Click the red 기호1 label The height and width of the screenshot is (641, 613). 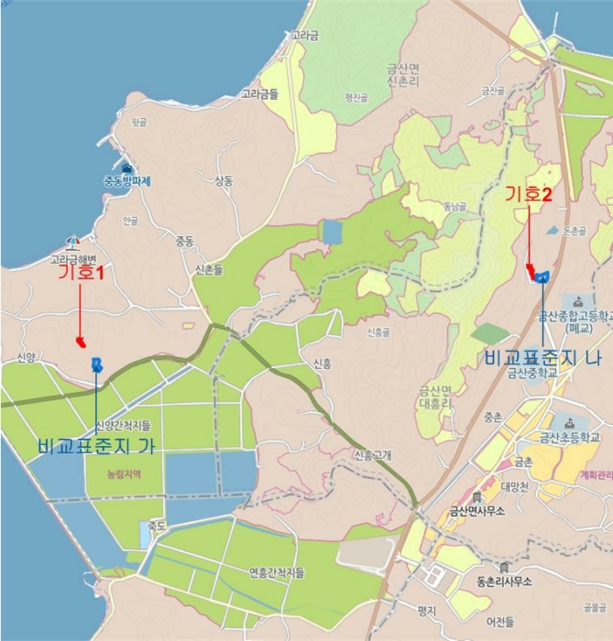click(x=81, y=273)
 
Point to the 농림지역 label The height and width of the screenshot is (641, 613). click(x=123, y=474)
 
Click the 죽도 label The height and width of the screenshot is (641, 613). click(x=157, y=526)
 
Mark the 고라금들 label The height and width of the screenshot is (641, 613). click(x=260, y=93)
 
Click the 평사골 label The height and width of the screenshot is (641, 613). click(x=356, y=97)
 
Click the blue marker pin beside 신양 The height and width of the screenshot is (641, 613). click(x=97, y=364)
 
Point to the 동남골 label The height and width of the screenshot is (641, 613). click(x=454, y=207)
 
